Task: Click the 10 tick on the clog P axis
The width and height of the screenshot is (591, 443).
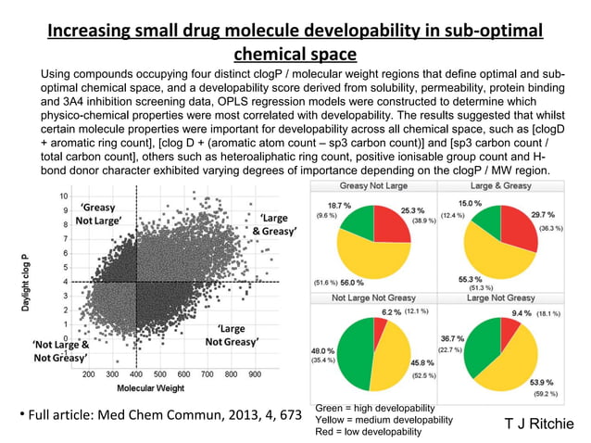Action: pos(61,196)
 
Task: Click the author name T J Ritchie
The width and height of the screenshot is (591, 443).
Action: pos(537,425)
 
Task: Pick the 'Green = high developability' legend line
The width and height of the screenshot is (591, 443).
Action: pos(379,407)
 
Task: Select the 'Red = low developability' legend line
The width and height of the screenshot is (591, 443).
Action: pos(371,432)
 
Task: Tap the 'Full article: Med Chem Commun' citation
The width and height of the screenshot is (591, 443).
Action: pos(157,411)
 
